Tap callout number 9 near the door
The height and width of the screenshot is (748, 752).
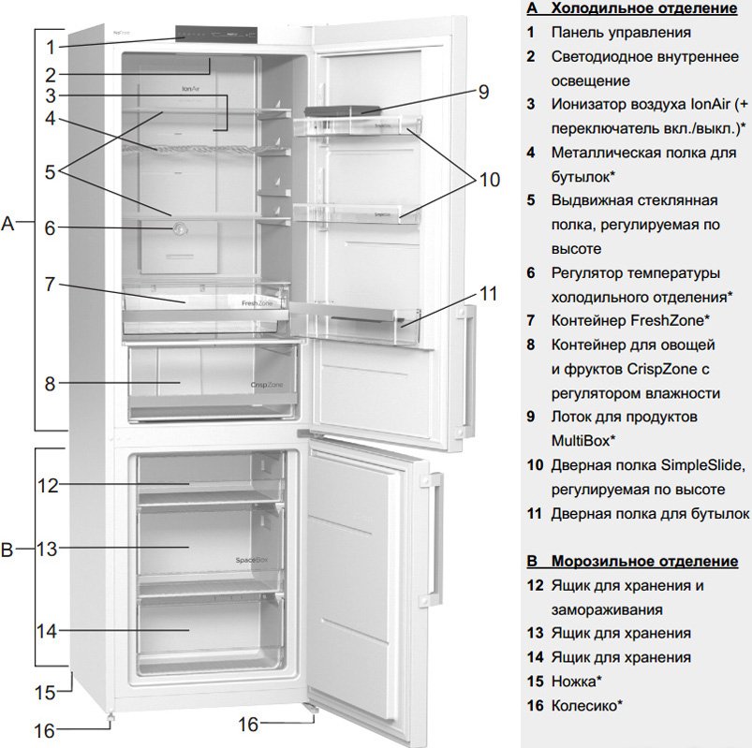483,92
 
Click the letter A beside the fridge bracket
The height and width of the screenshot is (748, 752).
8,224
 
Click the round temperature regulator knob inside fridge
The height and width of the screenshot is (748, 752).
179,227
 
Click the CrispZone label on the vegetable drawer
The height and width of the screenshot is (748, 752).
267,384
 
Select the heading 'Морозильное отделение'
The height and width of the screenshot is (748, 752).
643,562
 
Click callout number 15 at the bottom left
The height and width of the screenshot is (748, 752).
46,693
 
